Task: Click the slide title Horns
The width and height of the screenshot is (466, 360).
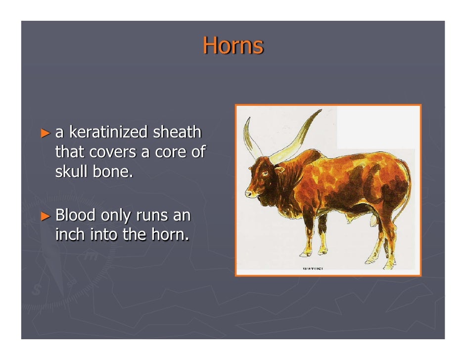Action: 233,45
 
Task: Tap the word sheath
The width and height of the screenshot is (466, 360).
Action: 177,133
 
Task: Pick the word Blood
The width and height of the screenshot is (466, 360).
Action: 76,215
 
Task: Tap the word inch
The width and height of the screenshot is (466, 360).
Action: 70,234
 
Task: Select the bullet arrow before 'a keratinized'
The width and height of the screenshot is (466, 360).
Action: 46,133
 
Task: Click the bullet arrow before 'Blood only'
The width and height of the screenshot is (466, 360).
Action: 46,216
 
